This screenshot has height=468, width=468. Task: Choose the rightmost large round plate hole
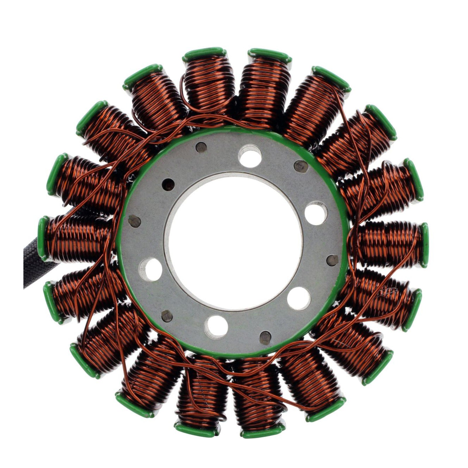coord(316,213)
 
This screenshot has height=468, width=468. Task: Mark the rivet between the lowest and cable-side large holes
coord(166,315)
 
